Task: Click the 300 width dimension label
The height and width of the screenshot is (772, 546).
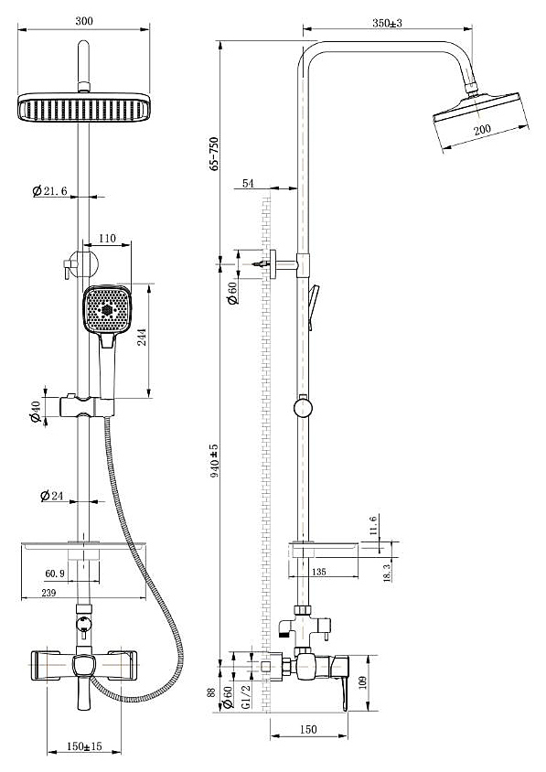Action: (84, 21)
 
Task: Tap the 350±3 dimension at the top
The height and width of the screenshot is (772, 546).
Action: (387, 23)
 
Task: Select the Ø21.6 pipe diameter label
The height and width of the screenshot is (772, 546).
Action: (49, 190)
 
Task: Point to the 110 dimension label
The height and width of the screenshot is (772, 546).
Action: (107, 239)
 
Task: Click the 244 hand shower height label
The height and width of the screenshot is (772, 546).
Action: (142, 337)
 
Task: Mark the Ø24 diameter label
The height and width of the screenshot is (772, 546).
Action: (52, 495)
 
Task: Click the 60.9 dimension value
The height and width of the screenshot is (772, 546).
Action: (55, 574)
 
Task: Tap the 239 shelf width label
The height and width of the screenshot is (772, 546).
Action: (48, 593)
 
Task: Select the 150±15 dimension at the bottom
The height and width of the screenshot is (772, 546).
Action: (84, 746)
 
